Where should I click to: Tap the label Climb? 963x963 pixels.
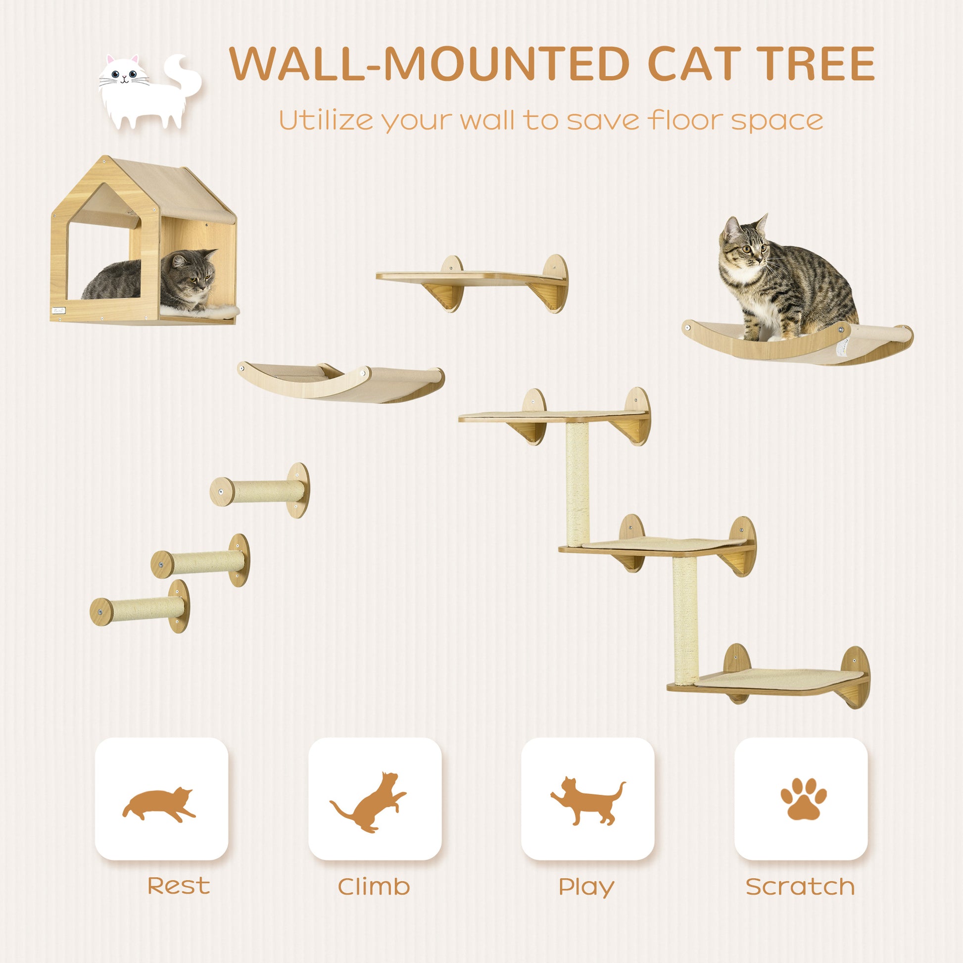click(374, 886)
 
